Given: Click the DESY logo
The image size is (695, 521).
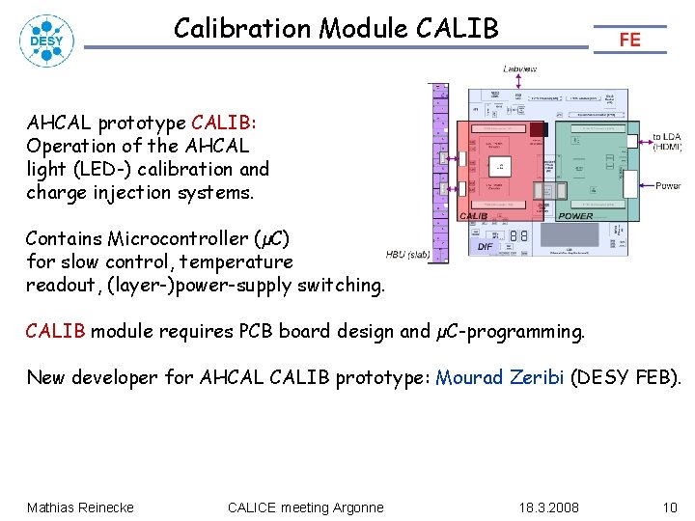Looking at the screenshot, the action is (45, 41).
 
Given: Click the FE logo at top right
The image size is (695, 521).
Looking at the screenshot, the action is (629, 40).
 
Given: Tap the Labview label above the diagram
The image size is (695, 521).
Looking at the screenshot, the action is (519, 69).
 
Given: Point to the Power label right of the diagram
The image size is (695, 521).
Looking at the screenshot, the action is (668, 185).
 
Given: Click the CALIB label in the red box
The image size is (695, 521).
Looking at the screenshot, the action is (473, 216).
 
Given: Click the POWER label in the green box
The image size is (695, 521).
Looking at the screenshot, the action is (576, 216).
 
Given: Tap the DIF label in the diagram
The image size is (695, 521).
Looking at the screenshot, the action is (486, 246).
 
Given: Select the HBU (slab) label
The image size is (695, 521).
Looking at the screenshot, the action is (407, 255).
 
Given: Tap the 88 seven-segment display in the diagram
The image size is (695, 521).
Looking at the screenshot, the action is (517, 234).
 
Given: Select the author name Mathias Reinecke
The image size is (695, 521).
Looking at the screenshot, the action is (80, 507).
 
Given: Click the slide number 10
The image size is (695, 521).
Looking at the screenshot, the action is (670, 507).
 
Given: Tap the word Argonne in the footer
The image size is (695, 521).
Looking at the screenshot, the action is (358, 507).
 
